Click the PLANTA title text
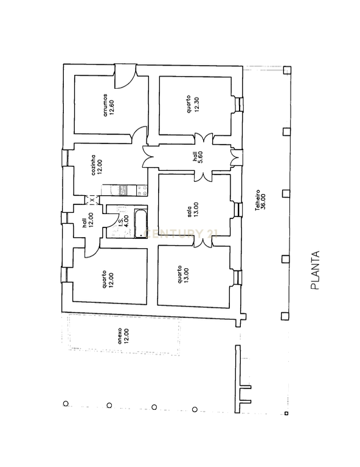coord(315,270)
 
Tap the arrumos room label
coord(105,105)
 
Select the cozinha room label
coord(94,165)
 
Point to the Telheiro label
coord(258,200)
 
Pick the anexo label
coord(120,336)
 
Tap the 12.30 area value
coord(196,104)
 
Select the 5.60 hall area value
coord(201,157)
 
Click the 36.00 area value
coord(263,202)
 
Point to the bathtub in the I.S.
coord(141,223)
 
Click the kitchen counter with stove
coord(124,190)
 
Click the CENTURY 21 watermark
coord(181,233)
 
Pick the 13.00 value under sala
coord(196,210)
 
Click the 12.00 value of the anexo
coord(126,336)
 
